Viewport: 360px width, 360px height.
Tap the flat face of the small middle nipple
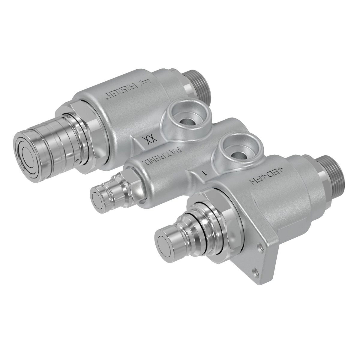tap(97, 199)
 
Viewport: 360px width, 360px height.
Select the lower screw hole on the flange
tap(256, 271)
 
